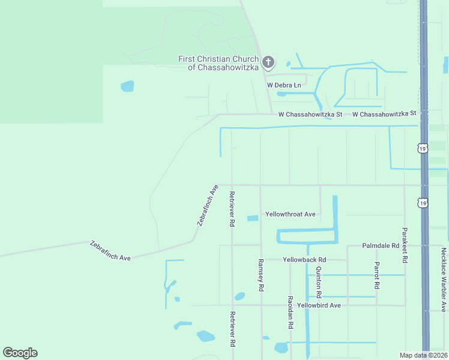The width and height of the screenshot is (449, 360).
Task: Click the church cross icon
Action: [268, 61]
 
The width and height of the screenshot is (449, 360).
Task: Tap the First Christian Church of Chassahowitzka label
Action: [218, 63]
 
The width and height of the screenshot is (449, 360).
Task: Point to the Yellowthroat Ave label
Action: [291, 214]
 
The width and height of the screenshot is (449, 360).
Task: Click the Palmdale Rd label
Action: [381, 246]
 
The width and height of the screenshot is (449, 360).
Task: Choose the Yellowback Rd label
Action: [304, 260]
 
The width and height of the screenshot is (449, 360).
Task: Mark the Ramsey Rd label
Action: [261, 275]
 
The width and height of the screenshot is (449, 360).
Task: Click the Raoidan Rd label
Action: [290, 312]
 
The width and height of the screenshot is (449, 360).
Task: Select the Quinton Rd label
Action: [319, 283]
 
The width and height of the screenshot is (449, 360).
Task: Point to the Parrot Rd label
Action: [376, 276]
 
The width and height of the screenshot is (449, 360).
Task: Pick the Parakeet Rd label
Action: [405, 245]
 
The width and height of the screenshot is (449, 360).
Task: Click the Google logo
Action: [20, 353]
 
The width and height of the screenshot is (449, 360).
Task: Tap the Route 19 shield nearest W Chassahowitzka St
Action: [423, 147]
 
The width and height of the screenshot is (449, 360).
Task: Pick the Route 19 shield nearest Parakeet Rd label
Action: [423, 203]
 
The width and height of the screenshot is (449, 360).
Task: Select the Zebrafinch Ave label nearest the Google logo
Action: [110, 251]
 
